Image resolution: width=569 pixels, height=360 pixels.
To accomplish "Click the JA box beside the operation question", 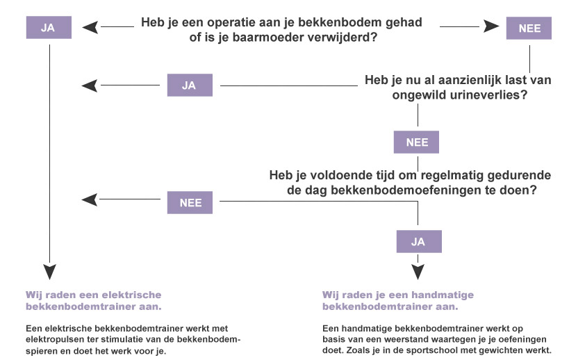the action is point(49,28).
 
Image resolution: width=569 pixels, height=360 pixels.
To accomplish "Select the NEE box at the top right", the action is point(529,28).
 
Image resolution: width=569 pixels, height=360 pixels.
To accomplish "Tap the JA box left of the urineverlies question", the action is point(190,85).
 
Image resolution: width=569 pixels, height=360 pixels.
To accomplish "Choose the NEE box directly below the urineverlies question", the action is point(416,142).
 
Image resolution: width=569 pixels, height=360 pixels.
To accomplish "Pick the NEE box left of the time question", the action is point(190,202).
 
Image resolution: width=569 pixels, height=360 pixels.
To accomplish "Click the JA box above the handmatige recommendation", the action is point(419,241).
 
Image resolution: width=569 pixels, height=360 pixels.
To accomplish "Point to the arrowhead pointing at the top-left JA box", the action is point(90,27).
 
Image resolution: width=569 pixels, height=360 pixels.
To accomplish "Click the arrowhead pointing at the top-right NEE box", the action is point(491,26).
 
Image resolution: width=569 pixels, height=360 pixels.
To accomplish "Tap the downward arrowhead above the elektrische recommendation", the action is point(50,272).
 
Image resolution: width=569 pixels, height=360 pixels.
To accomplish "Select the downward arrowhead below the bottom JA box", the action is point(418,272).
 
